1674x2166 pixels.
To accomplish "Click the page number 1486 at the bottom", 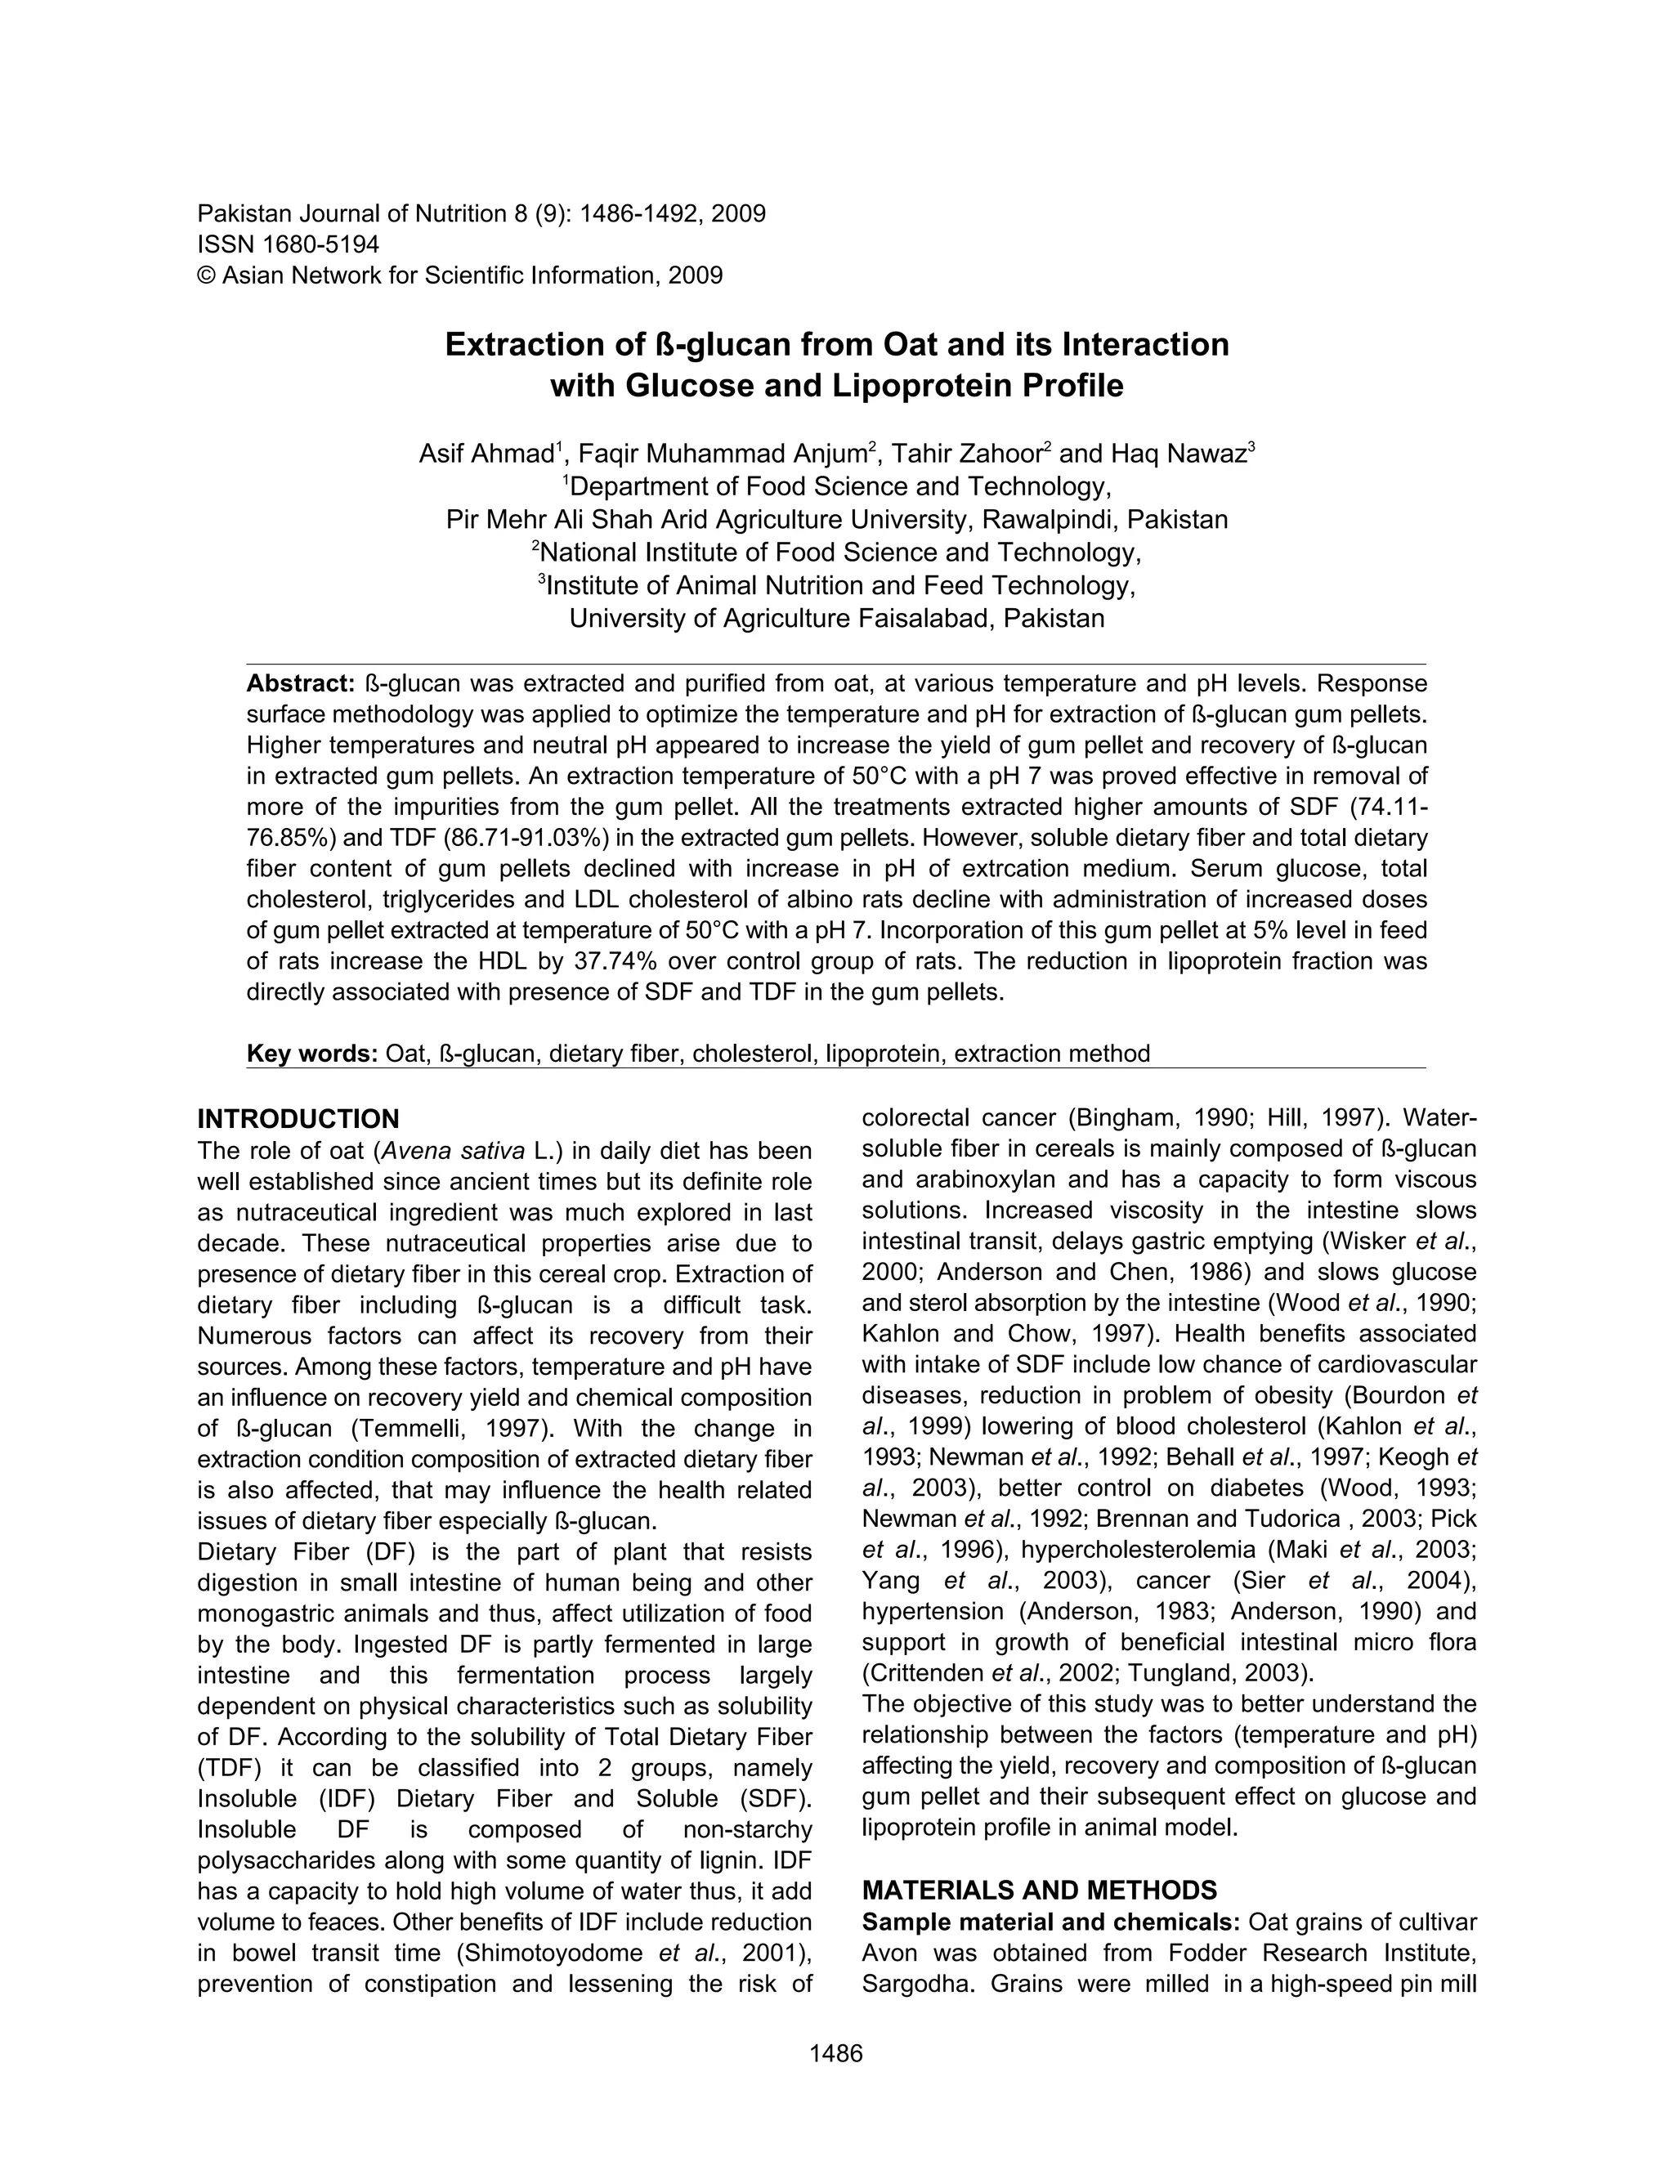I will pyautogui.click(x=836, y=2053).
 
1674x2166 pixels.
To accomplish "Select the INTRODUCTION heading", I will pyautogui.click(x=298, y=1120).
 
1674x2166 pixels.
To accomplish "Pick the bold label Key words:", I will pyautogui.click(x=311, y=1054).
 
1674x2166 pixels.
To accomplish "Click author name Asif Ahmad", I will pyautogui.click(x=486, y=454).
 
